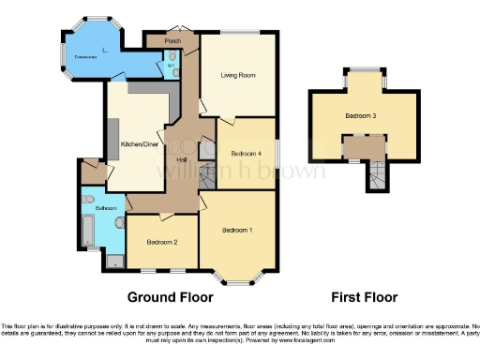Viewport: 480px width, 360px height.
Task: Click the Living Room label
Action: (x=238, y=75)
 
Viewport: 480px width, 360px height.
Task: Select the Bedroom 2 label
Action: (x=161, y=241)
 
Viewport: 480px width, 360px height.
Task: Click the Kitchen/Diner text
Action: (x=138, y=144)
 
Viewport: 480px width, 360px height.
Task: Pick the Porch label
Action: (x=172, y=42)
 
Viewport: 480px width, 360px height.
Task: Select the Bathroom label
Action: (x=104, y=207)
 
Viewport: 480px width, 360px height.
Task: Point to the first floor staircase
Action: (x=376, y=174)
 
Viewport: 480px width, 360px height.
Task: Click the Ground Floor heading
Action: (x=165, y=298)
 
